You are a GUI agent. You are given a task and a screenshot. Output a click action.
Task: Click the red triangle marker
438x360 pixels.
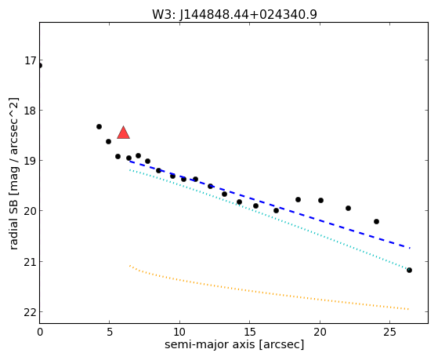[x=123, y=133]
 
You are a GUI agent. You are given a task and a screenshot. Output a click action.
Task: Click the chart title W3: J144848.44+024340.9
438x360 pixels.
[x=234, y=15]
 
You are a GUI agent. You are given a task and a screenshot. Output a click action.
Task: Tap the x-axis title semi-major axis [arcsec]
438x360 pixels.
[x=234, y=344]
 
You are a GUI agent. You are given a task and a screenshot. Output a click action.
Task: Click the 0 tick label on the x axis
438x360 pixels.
[x=40, y=333]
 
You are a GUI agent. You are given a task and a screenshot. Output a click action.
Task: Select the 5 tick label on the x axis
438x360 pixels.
[x=110, y=333]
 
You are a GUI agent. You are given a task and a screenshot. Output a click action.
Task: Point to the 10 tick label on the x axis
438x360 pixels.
[x=179, y=333]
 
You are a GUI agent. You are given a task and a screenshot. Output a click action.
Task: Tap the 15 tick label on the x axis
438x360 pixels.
[x=250, y=333]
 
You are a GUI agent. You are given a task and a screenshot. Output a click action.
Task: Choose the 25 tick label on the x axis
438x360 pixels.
[x=390, y=333]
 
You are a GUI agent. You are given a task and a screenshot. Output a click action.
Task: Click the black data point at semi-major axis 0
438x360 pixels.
[x=40, y=66]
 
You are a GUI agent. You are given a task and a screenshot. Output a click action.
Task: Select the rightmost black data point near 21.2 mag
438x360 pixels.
[x=409, y=270]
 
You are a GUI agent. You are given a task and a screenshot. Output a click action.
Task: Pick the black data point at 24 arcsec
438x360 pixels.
[x=376, y=221]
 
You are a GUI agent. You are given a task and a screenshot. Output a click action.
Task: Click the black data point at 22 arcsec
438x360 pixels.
[x=348, y=208]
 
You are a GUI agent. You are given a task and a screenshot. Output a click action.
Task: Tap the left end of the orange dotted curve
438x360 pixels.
[x=130, y=265]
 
